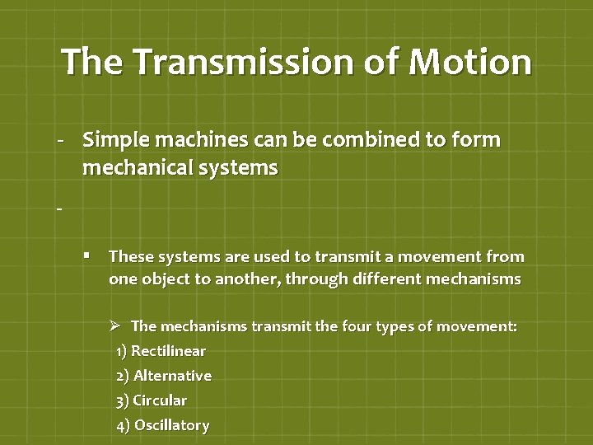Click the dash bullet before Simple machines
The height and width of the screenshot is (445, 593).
tap(60, 141)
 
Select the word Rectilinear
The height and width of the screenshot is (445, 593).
tap(168, 351)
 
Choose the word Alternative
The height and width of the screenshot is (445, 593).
tap(172, 376)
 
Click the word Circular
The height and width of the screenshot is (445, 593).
tap(160, 400)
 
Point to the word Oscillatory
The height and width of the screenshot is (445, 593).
tap(171, 425)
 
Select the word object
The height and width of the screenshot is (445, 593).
tap(165, 279)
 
